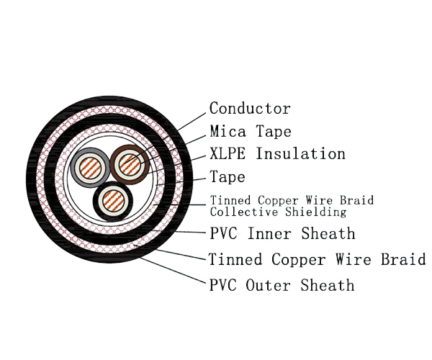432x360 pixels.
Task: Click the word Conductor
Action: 250,109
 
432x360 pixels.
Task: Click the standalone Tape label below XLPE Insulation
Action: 228,176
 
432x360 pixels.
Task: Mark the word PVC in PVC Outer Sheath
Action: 222,285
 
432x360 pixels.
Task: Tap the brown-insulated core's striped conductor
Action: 130,166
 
